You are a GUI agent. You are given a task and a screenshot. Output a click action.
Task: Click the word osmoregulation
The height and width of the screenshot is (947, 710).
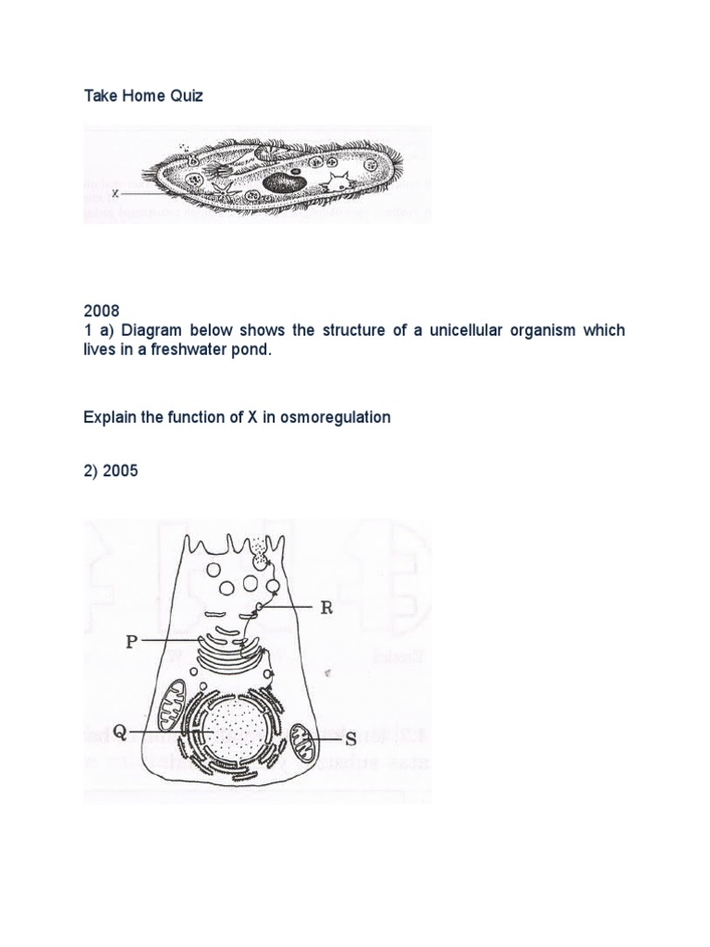point(334,417)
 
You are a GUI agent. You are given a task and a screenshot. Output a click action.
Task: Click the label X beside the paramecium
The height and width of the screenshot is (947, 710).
point(116,194)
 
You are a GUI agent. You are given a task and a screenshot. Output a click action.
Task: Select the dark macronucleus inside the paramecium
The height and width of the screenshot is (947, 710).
point(278,183)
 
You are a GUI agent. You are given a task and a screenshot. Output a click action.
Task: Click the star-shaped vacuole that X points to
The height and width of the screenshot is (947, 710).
point(221,189)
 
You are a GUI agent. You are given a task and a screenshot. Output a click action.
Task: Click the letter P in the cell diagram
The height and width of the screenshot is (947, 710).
point(131,641)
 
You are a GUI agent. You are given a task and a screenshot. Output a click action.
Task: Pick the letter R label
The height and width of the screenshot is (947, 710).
point(325,608)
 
